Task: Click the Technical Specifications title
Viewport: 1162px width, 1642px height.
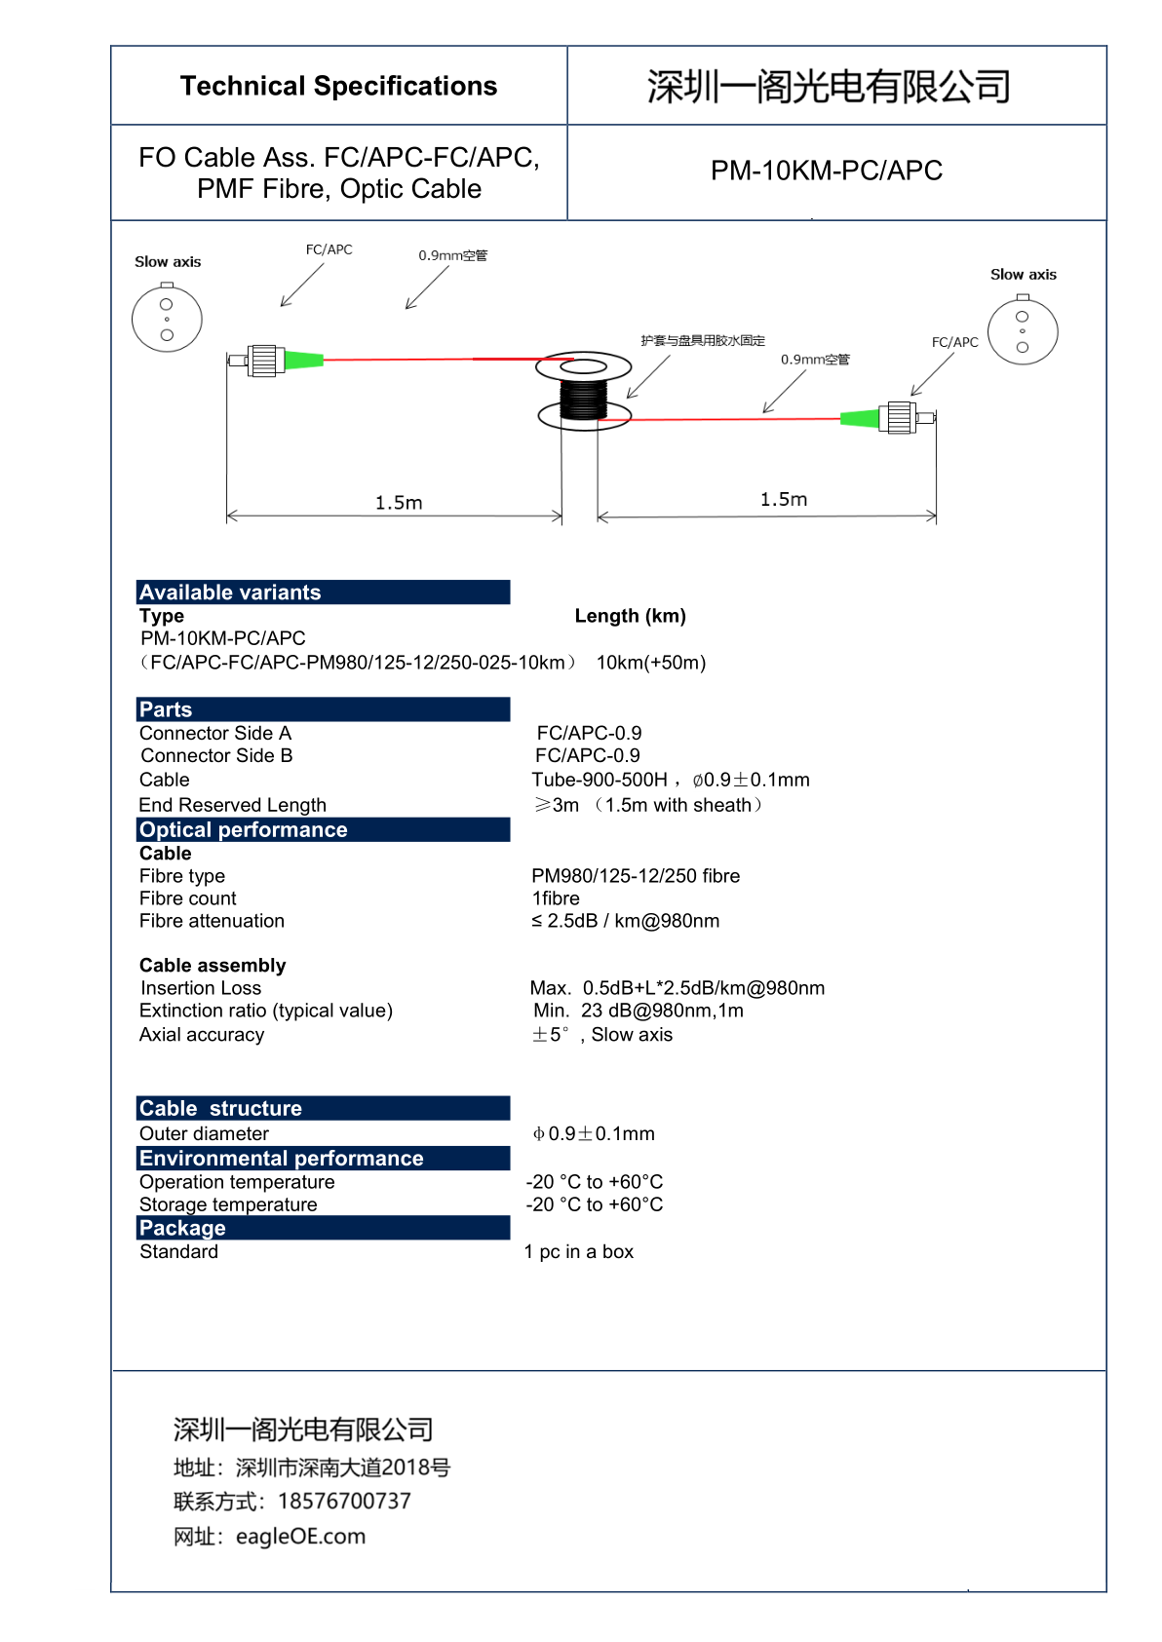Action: point(338,86)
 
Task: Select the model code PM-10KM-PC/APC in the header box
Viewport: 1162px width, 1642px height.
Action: point(826,171)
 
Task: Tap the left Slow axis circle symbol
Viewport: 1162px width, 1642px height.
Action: point(167,318)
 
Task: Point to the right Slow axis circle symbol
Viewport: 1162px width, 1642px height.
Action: point(1023,331)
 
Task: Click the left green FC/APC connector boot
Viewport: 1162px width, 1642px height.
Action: point(303,360)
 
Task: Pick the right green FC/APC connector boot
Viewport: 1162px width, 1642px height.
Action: point(859,418)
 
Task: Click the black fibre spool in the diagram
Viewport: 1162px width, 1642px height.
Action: point(584,399)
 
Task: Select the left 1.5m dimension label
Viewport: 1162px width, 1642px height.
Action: point(399,503)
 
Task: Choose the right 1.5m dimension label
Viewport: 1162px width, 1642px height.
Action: point(784,499)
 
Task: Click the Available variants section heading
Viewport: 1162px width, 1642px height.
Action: point(230,592)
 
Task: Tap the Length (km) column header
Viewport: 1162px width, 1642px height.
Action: point(630,616)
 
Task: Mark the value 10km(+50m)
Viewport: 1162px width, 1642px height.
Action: point(651,663)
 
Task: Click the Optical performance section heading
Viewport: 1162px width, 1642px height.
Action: point(244,829)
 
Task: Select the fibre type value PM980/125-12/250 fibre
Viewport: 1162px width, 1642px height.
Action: point(636,876)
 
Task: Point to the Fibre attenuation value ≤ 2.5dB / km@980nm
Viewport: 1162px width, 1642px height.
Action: point(625,921)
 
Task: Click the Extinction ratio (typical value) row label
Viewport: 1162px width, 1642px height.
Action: point(266,1011)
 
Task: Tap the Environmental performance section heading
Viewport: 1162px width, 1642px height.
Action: point(282,1158)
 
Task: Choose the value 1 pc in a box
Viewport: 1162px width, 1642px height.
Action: point(579,1251)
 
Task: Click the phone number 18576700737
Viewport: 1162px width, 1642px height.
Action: point(344,1501)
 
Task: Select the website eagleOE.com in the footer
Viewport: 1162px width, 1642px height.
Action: point(300,1536)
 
